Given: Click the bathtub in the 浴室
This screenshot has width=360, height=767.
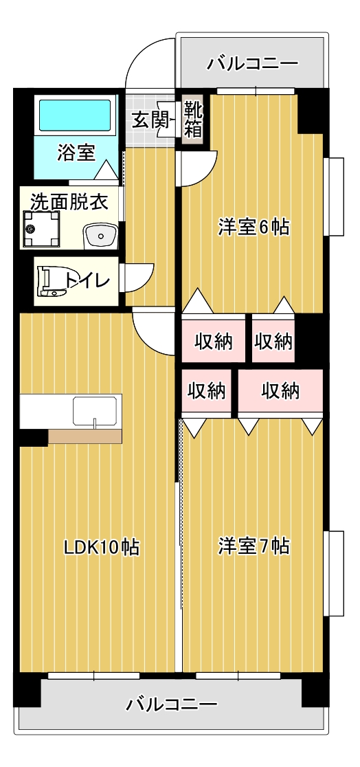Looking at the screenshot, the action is [75, 115].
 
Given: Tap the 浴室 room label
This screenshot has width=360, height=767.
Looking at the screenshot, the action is [76, 153].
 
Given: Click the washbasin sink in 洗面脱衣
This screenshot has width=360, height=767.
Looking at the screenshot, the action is [101, 236].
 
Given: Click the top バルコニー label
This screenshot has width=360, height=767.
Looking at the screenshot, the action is [252, 64].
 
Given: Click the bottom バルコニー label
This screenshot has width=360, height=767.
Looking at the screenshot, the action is [172, 705].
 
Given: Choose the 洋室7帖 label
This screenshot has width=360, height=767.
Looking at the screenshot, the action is [254, 546].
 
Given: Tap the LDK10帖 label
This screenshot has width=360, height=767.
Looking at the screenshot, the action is [102, 547].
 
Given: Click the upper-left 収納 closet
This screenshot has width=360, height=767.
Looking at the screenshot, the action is [213, 341].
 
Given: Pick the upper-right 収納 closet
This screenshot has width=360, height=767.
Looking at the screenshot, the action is [273, 341].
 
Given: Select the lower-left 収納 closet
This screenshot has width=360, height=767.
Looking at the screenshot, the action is [207, 391].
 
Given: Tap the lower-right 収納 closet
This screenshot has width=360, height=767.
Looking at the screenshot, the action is [281, 391].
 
